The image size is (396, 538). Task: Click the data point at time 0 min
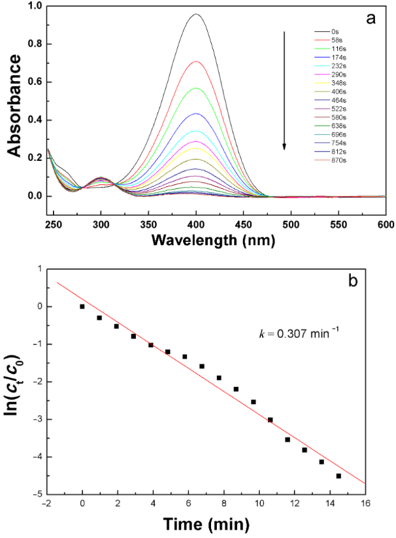(x=82, y=306)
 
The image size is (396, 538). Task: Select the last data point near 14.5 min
(x=338, y=476)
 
